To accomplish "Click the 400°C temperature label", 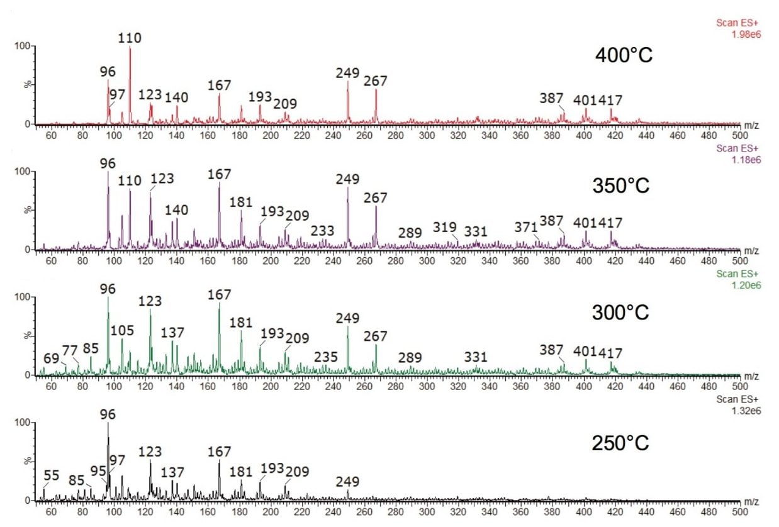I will (624, 55).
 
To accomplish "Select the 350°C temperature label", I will (620, 187).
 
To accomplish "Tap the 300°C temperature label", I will (620, 313).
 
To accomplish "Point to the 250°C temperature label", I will (620, 443).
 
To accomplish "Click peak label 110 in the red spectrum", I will (130, 38).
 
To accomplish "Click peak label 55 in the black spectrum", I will (52, 475).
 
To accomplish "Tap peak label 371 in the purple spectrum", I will (525, 226).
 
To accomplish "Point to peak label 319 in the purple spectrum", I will (444, 226).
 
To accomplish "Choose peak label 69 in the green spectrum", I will (52, 358).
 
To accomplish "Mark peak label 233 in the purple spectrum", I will (322, 231).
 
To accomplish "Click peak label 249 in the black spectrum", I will (347, 482).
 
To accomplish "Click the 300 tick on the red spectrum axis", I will (427, 135).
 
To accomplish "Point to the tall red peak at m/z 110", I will (130, 82).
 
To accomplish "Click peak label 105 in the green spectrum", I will (123, 331).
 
